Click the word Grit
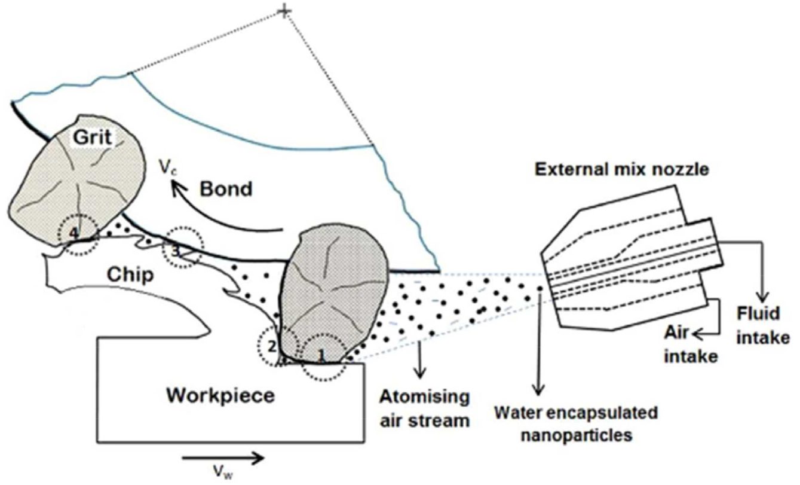(93, 137)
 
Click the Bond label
(226, 189)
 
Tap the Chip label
(130, 275)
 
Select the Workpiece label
(220, 396)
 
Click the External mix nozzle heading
(621, 169)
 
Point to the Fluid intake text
(763, 325)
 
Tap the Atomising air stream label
(424, 408)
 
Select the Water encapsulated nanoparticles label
(576, 424)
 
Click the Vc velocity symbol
(168, 167)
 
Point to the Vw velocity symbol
(223, 472)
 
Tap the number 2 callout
(272, 346)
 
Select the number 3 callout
(176, 251)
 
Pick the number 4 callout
(73, 233)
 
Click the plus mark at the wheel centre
(284, 12)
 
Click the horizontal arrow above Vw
(223, 458)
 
